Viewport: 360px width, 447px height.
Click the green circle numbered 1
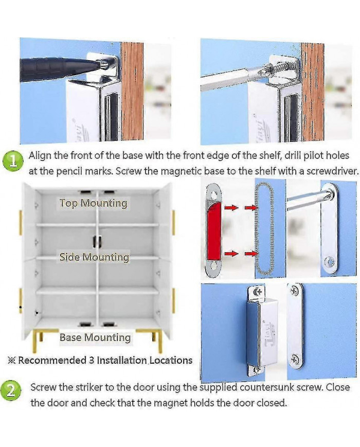pos(12,162)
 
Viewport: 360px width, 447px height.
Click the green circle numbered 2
pos(11,391)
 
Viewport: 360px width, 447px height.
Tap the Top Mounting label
pos(93,203)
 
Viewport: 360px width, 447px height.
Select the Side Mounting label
pos(94,257)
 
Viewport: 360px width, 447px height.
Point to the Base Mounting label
pos(95,337)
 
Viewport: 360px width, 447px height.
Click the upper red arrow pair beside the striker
pos(241,207)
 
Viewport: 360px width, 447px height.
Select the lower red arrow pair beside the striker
pos(241,253)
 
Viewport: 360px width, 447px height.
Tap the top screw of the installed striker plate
pos(294,291)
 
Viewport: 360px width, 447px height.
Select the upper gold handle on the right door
pos(173,222)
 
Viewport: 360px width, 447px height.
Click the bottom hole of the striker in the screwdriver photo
pos(330,262)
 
